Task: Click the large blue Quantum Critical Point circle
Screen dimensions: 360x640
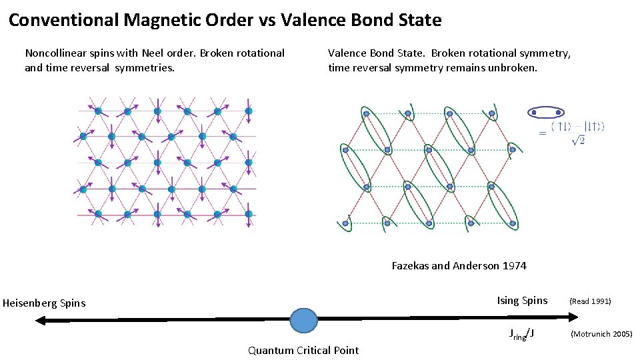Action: (304, 320)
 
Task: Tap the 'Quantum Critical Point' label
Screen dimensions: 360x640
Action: (303, 350)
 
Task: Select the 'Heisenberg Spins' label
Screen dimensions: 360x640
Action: (44, 303)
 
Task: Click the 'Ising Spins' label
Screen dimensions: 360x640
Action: (522, 301)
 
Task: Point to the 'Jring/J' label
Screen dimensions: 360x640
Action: (521, 334)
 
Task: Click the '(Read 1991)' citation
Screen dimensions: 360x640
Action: (589, 301)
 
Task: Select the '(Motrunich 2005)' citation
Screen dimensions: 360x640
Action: (601, 334)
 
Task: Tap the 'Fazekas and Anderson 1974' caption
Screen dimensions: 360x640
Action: (459, 265)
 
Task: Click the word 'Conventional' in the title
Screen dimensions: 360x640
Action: (64, 20)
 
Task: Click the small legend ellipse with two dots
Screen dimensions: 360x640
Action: (546, 113)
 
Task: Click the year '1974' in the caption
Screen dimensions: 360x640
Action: (514, 265)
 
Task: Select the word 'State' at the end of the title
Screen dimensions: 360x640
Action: (418, 20)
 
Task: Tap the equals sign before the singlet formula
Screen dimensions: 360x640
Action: (542, 133)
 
